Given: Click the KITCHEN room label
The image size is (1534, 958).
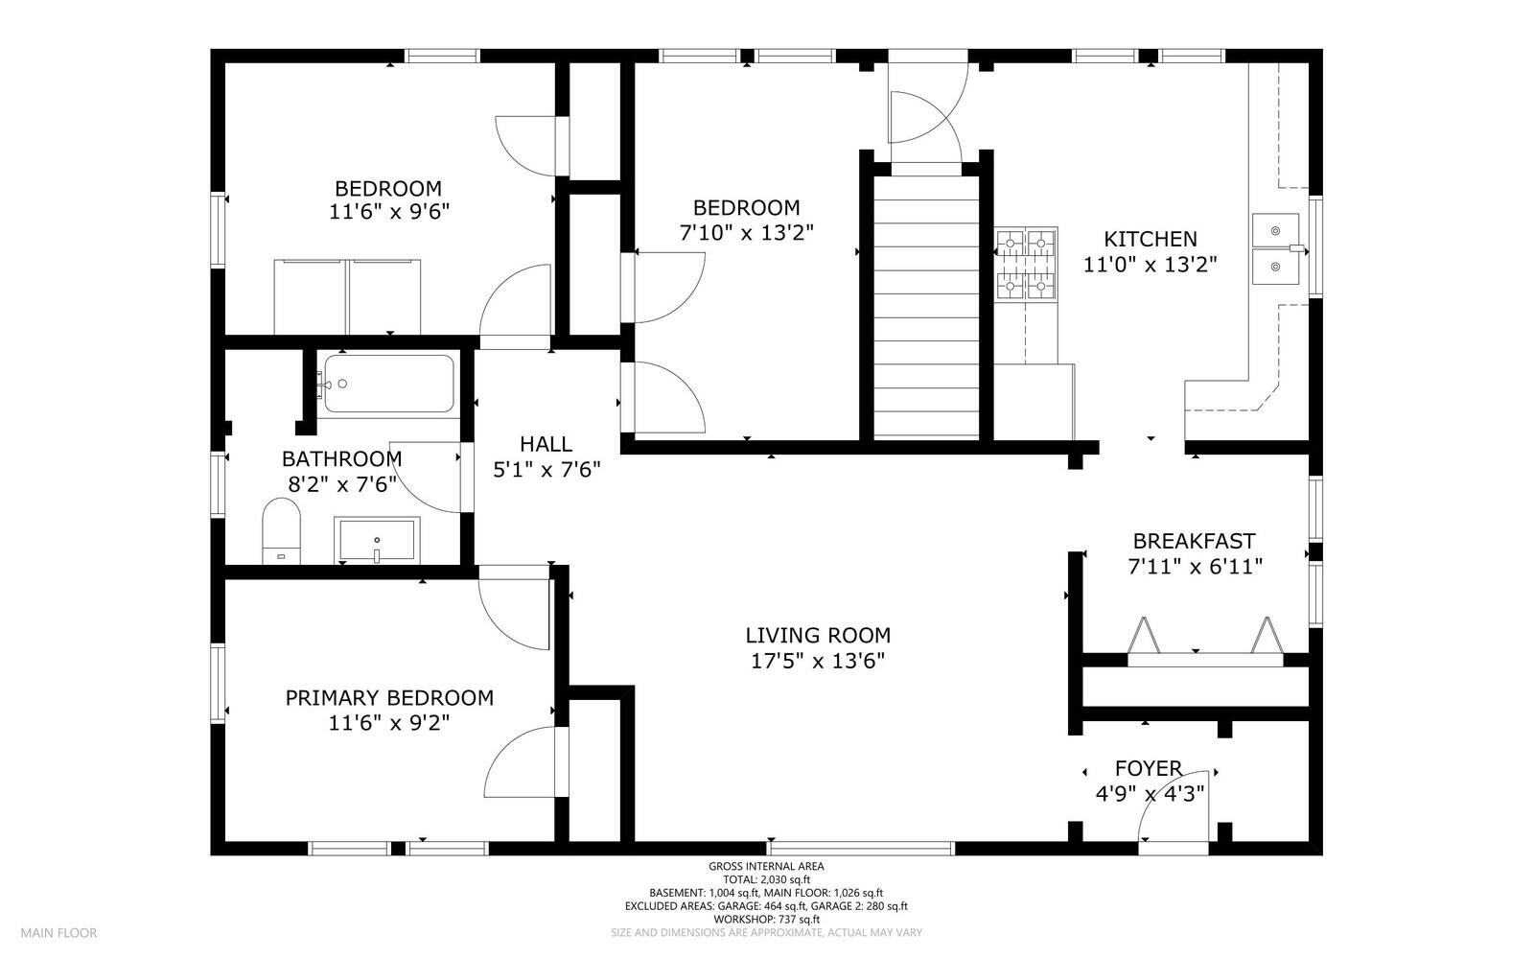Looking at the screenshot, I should coord(1150,239).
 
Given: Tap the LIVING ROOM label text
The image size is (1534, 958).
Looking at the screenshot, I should coord(818,635).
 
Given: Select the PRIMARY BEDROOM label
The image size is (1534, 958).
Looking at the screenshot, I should coord(389,697).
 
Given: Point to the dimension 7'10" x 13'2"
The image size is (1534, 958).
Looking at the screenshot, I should coord(747,232).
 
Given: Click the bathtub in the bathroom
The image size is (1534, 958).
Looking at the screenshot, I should coord(387,384).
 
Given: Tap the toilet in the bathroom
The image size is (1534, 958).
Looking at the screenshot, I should coord(281,530).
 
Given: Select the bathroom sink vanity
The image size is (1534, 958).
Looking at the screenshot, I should coord(376,541).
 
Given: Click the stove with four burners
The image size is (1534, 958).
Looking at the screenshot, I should coord(1025,263).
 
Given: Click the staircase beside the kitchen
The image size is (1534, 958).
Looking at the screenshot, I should coord(927,307).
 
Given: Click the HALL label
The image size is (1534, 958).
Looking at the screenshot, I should coord(546,444).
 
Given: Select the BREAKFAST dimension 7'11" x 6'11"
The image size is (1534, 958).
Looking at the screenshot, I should coord(1195,567).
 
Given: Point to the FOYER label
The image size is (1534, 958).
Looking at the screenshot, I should coord(1149,768).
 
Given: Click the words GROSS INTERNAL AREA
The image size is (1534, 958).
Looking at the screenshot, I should coord(766,866).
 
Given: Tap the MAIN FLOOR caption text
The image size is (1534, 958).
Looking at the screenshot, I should coord(59,932).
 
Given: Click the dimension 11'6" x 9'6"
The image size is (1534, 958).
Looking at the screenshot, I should coord(389,212).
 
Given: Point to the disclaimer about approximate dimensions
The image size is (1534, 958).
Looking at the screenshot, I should coord(766,932).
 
